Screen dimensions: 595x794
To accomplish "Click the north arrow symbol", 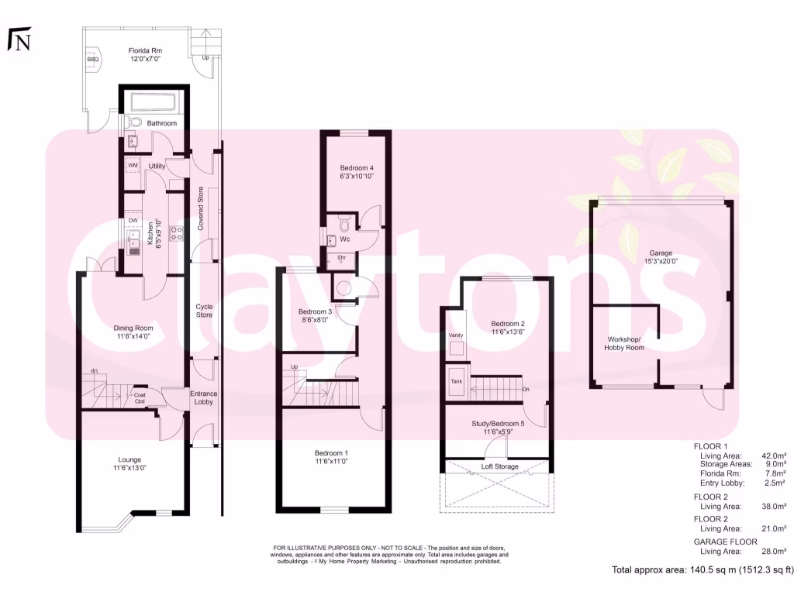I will (x=19, y=40).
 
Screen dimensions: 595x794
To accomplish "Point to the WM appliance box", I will (x=132, y=166).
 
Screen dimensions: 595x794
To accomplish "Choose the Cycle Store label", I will (x=204, y=311).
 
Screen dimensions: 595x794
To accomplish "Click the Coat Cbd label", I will (x=140, y=398).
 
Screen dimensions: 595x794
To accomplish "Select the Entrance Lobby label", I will (x=204, y=397).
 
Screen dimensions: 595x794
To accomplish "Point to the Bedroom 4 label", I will (x=357, y=167).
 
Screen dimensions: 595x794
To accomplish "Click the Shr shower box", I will (x=340, y=260).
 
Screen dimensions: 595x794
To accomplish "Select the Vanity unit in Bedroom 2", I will (x=456, y=341).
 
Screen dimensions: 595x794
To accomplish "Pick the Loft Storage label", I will (x=500, y=466).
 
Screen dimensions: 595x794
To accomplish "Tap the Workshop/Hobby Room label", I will (x=624, y=343).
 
